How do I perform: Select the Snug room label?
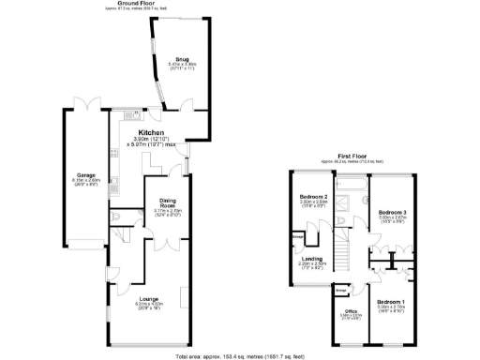172,58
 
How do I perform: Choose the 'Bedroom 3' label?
392,213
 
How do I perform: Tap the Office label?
350,310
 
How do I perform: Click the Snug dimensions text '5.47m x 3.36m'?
172,64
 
